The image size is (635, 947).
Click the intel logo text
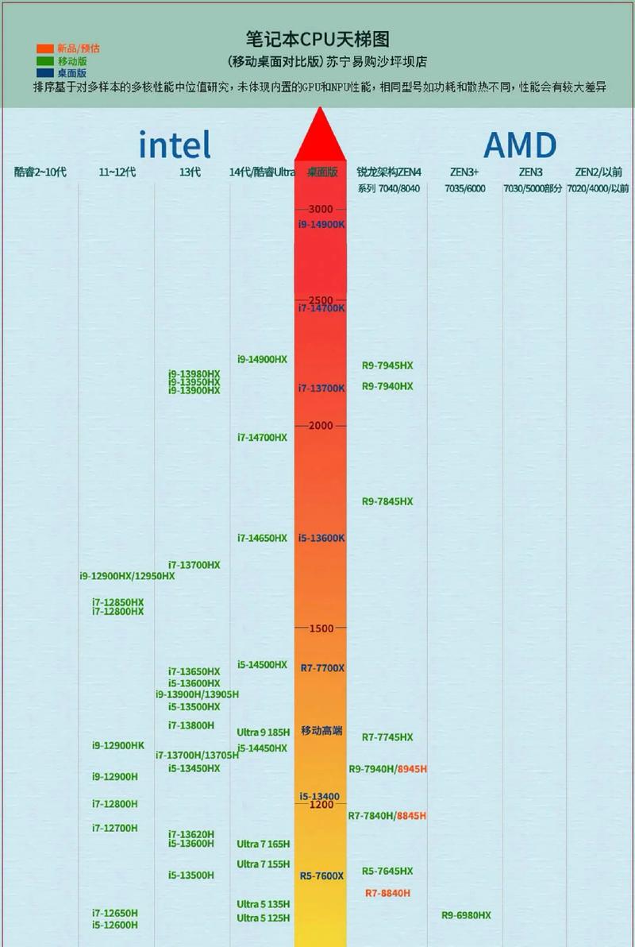pyautogui.click(x=175, y=145)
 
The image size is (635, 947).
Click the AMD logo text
pyautogui.click(x=520, y=145)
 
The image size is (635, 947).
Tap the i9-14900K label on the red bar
pyautogui.click(x=321, y=225)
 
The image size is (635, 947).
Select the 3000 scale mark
pyautogui.click(x=321, y=209)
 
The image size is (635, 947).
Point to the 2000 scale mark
pyautogui.click(x=321, y=426)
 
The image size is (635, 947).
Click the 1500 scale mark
pyautogui.click(x=321, y=628)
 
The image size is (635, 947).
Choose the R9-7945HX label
pyautogui.click(x=387, y=365)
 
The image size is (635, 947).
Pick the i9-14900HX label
pyautogui.click(x=262, y=359)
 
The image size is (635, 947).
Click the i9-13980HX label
pyautogui.click(x=194, y=373)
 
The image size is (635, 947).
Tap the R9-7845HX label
pyautogui.click(x=387, y=501)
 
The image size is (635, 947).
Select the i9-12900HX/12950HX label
pyautogui.click(x=127, y=576)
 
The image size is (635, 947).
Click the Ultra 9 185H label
pyautogui.click(x=263, y=732)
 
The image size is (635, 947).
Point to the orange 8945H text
pyautogui.click(x=412, y=769)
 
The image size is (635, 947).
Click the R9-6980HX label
pyautogui.click(x=466, y=915)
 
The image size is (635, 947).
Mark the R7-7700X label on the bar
pyautogui.click(x=321, y=668)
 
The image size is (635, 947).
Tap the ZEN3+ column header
pyautogui.click(x=465, y=172)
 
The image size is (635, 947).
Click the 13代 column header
pyautogui.click(x=190, y=172)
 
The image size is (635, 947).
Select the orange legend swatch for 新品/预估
pyautogui.click(x=44, y=48)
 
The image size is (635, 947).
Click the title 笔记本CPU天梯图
pyautogui.click(x=317, y=40)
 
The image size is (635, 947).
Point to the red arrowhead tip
pyautogui.click(x=320, y=109)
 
